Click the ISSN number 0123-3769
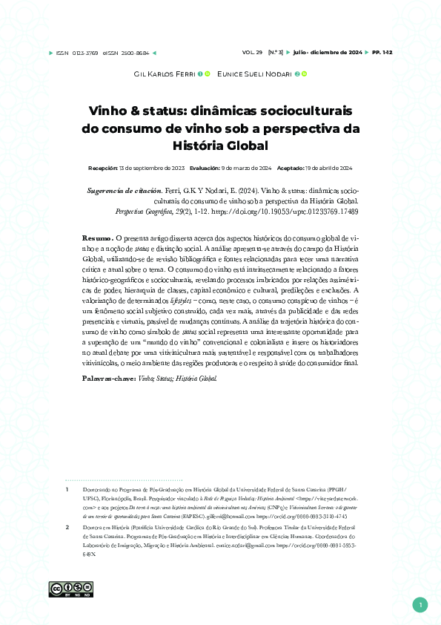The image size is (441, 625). [87, 53]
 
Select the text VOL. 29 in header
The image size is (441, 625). [253, 53]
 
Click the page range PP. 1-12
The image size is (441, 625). [383, 53]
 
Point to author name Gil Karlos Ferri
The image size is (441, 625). [164, 74]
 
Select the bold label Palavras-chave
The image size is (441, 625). [108, 379]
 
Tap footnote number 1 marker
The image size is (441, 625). [67, 490]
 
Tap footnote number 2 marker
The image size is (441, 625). [67, 526]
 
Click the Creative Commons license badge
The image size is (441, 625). [60, 589]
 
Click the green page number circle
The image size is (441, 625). [420, 605]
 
